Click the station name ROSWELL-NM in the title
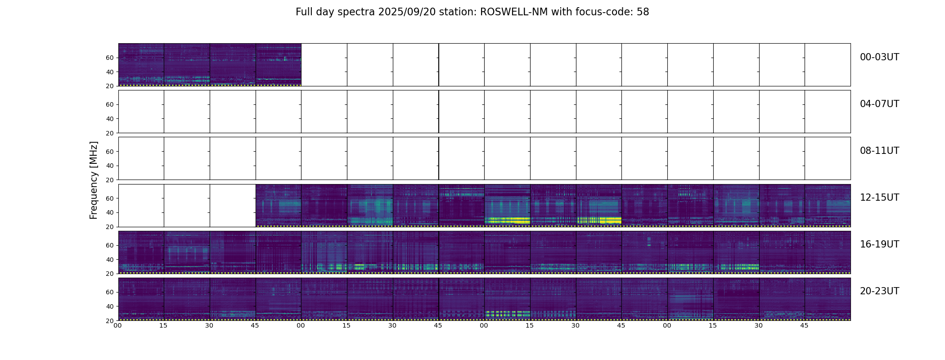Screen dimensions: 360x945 (514, 12)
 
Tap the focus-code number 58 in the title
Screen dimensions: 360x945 (643, 12)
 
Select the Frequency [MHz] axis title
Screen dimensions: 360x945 (94, 180)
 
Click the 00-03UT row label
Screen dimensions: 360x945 (879, 57)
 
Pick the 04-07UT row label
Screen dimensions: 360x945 (879, 104)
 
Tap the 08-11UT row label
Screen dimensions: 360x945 (879, 151)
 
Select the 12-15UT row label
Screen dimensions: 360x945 (879, 198)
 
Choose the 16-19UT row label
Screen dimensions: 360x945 (879, 244)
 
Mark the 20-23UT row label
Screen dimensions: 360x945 (879, 291)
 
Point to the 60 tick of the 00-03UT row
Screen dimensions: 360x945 (109, 58)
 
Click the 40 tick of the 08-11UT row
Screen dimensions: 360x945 (109, 166)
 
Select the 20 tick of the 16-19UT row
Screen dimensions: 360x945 (109, 274)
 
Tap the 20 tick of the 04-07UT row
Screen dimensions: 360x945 (109, 133)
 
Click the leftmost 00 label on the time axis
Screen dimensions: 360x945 (117, 325)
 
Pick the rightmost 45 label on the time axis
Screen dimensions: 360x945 (804, 325)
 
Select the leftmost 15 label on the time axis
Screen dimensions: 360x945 (163, 325)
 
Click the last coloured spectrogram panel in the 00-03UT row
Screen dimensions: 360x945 (278, 64)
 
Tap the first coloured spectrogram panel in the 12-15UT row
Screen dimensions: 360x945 (278, 205)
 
